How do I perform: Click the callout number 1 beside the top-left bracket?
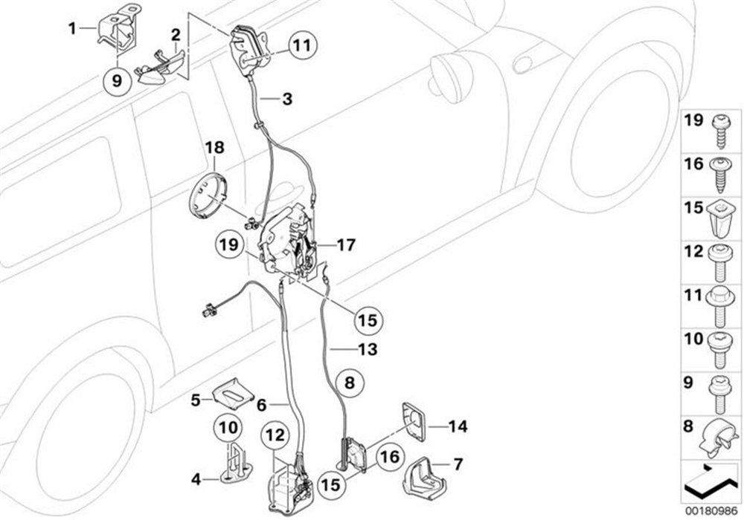72,29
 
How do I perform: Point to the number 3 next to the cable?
287,98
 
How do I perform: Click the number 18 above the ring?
214,149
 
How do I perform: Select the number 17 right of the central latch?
346,243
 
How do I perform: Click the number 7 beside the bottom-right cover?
458,465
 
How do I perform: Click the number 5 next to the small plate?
196,400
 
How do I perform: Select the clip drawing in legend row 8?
719,435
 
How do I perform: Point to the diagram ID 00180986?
711,510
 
